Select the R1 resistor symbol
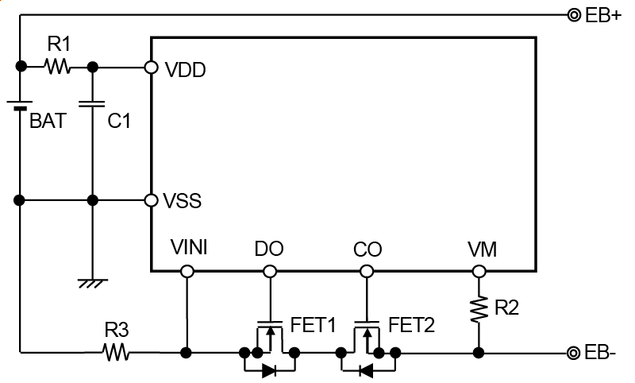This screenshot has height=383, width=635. (x=58, y=67)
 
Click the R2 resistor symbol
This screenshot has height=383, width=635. (x=479, y=309)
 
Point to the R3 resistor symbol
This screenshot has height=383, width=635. (x=116, y=352)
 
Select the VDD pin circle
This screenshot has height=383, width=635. (x=151, y=68)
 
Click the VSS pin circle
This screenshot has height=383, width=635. (x=151, y=199)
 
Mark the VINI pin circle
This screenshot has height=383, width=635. (x=187, y=272)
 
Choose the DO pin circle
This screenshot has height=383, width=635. (x=270, y=272)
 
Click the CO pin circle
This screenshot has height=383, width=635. (x=366, y=272)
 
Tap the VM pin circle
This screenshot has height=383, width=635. (x=479, y=272)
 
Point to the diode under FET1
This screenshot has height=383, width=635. (x=269, y=369)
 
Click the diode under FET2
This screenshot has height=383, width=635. (x=366, y=369)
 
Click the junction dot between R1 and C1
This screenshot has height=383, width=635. (x=93, y=67)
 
